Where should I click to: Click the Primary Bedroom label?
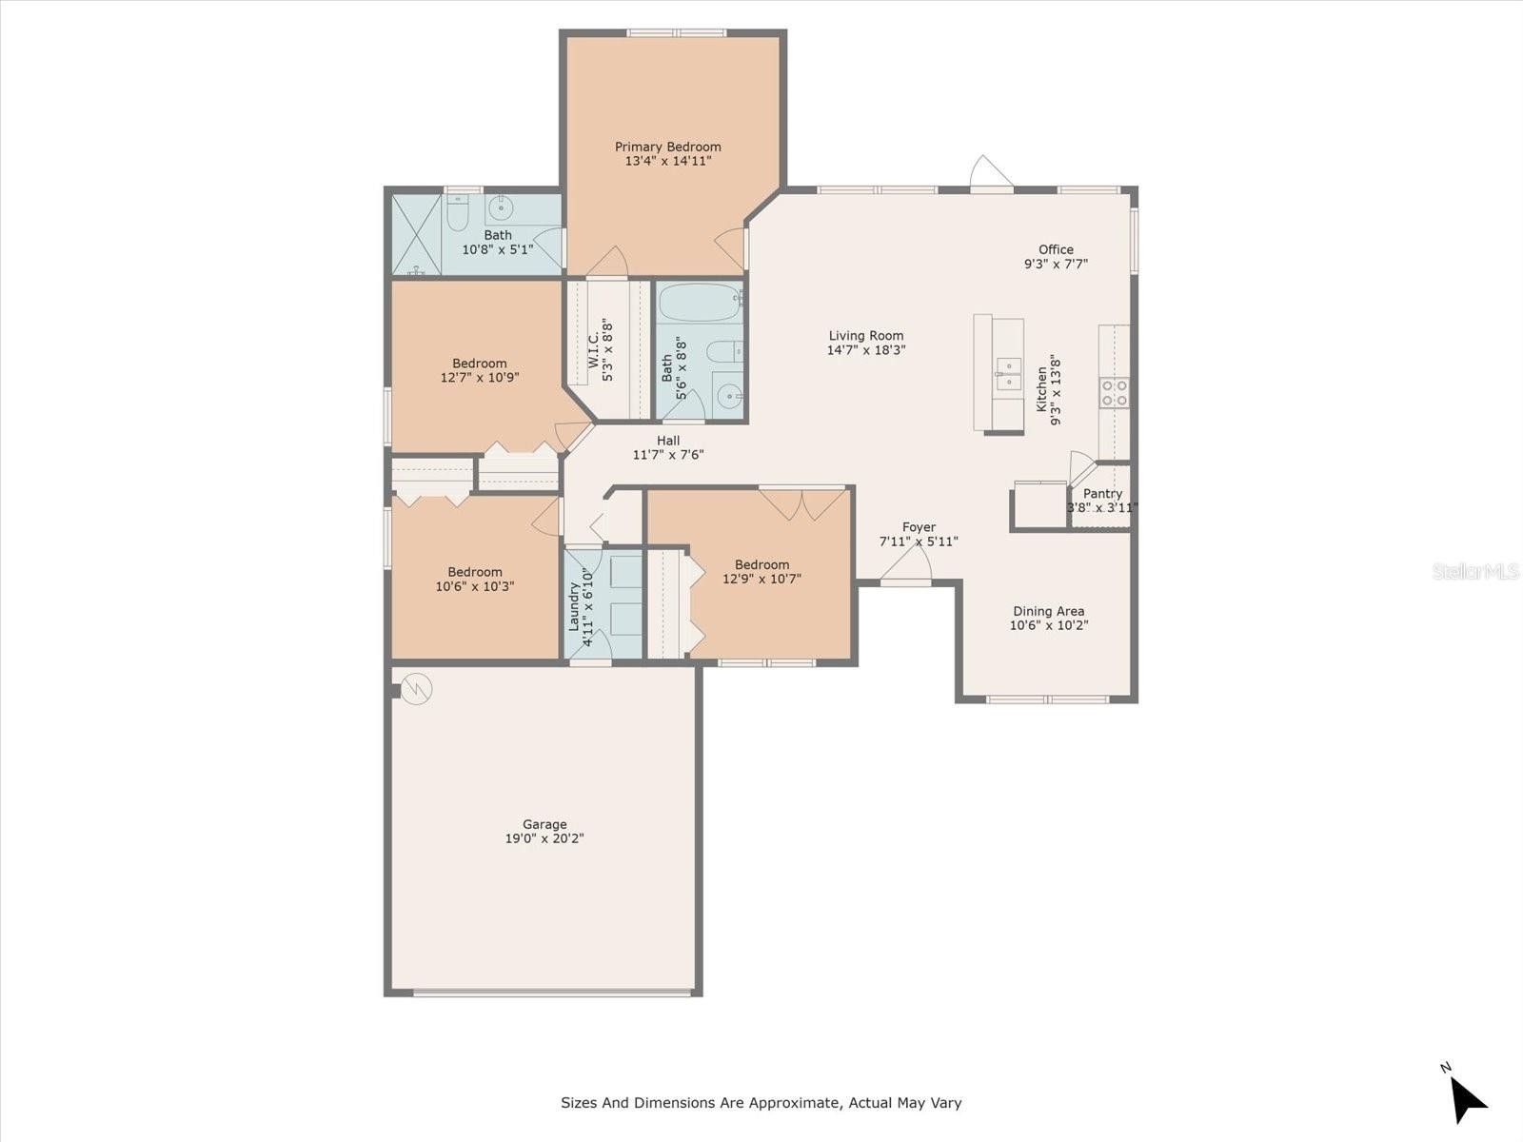click(x=667, y=147)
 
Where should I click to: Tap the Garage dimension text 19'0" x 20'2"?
click(x=544, y=838)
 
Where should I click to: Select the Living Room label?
click(x=866, y=336)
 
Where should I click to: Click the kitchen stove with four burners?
click(x=1115, y=392)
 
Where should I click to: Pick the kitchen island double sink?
click(x=1008, y=374)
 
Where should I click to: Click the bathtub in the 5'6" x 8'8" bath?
click(x=700, y=302)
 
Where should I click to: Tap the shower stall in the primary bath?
click(x=416, y=234)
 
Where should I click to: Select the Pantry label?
click(x=1102, y=494)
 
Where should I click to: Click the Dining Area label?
click(x=1048, y=611)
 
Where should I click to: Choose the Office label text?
click(x=1056, y=249)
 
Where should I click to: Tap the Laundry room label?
click(x=574, y=607)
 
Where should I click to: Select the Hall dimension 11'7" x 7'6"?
click(x=668, y=455)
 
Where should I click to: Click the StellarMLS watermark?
click(x=1475, y=571)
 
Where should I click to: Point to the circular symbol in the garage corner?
click(x=417, y=688)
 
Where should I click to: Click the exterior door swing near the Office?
click(x=991, y=172)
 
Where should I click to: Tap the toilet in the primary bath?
click(x=457, y=213)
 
